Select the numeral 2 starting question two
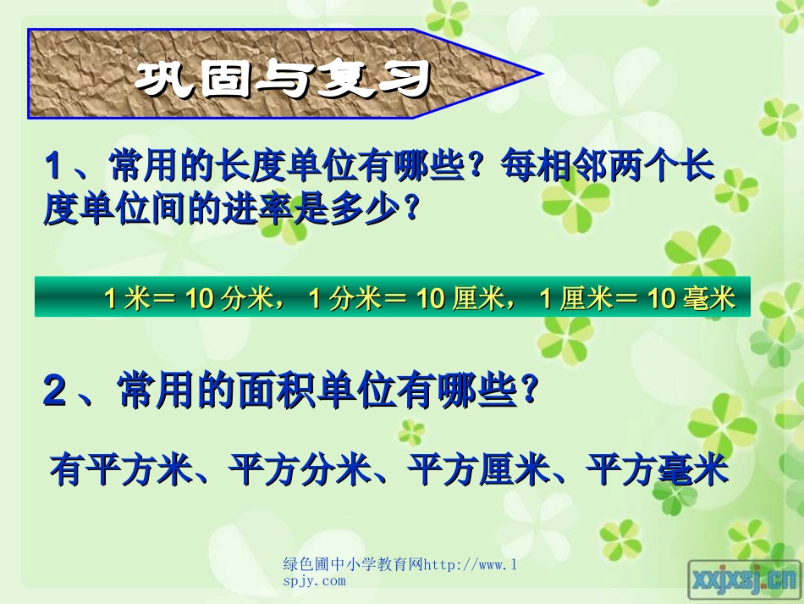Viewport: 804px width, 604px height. coord(55,392)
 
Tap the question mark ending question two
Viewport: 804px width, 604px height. coord(529,391)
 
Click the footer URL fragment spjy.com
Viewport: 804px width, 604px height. coord(314,580)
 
